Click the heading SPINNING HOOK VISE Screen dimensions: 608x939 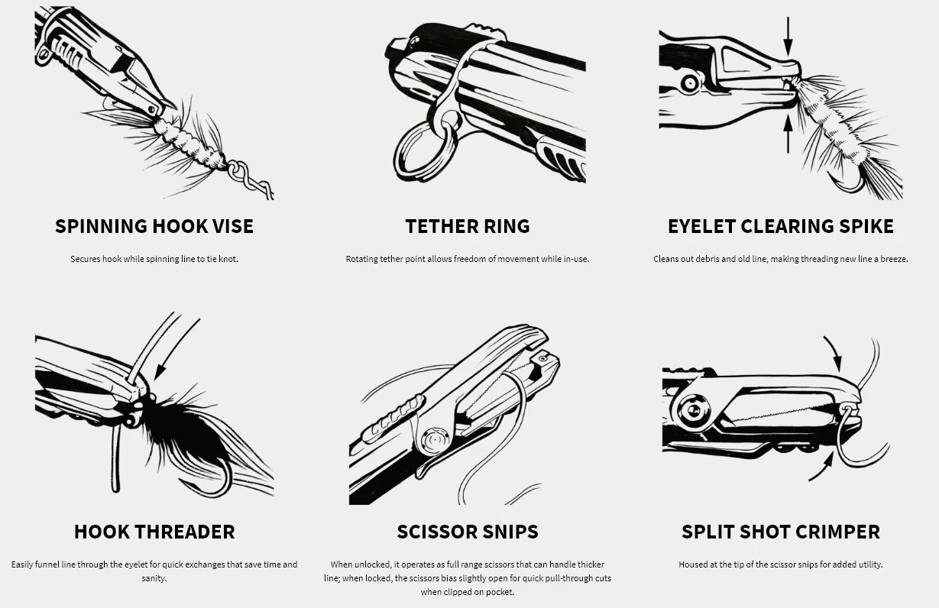[154, 226]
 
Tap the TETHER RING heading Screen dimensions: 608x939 [467, 226]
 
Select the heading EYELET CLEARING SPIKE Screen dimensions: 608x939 [780, 226]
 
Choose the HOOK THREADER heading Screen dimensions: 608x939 [154, 532]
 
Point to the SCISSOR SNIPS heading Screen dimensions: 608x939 [467, 532]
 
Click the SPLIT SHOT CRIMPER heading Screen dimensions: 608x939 [780, 532]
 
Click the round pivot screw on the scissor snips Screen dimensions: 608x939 [434, 441]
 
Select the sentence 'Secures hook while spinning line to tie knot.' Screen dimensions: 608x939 [154, 259]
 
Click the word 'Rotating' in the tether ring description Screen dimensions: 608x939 [364, 259]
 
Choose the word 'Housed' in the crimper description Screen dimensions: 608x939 [694, 564]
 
